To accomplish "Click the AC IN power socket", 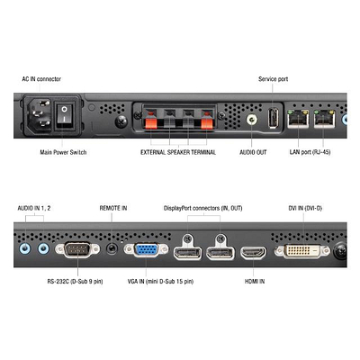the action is pos(40,114).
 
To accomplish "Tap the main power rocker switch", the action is pos(64,114).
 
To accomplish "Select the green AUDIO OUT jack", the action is pos(252,120).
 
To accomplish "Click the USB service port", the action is pos(274,117).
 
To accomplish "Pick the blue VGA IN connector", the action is pos(146,250).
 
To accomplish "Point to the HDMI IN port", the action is pos(253,253).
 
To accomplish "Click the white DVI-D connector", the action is pos(302,251).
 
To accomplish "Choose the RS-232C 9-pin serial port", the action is pos(77,249).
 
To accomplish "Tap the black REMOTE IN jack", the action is pos(112,248).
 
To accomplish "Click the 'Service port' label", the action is pos(273,79).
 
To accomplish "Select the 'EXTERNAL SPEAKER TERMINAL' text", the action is pos(178,152).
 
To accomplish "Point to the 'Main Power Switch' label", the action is pos(63,152).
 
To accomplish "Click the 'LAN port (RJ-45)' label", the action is pos(310,152).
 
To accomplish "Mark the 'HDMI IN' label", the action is pos(255,282).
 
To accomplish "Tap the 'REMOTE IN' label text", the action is pos(113,208).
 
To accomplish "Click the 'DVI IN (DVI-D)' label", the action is pos(305,208).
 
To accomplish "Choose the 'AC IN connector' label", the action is pos(41,79).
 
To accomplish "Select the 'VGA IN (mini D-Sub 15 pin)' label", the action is pos(160,282).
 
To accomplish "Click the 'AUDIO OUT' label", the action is pos(253,152).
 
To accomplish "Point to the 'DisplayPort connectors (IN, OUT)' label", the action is pos(203,208).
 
